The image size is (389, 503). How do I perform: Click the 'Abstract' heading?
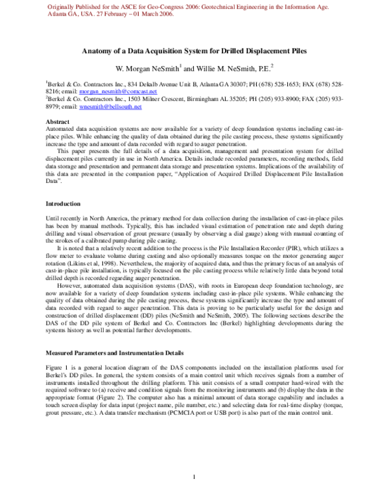coord(58,121)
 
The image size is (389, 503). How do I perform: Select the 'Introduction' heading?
coord(63,204)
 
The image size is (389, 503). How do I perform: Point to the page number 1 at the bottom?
coord(194,478)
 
